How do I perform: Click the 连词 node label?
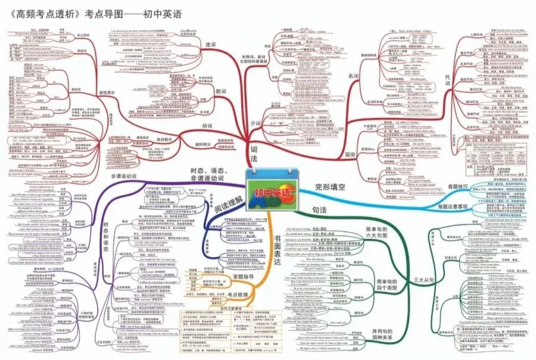(210, 44)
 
